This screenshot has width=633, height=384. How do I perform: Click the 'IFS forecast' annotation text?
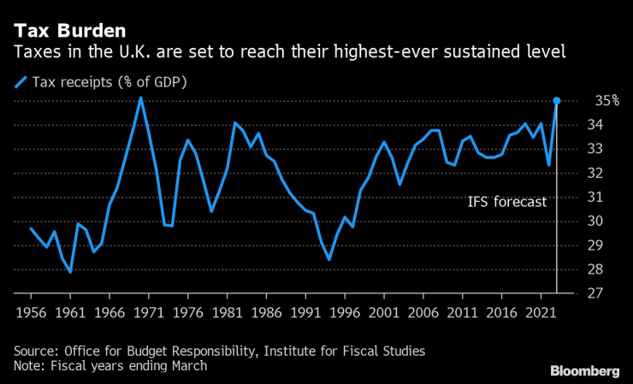[506, 203]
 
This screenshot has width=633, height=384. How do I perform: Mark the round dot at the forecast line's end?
[557, 101]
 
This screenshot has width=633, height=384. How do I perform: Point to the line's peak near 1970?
[141, 97]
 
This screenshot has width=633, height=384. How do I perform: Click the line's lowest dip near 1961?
[70, 272]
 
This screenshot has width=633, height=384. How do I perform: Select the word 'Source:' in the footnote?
[36, 352]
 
